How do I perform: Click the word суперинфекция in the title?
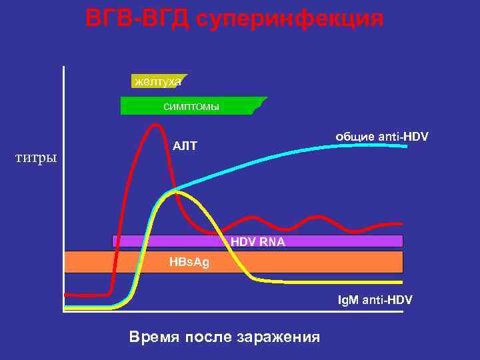[291, 19]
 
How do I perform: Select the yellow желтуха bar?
[159, 81]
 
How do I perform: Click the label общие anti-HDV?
[381, 137]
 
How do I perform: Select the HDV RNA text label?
[258, 242]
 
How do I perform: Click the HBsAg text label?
[189, 262]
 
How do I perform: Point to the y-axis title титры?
[36, 159]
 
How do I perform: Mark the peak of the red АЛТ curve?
[156, 125]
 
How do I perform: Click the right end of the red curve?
[401, 224]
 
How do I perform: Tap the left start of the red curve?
[66, 294]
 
